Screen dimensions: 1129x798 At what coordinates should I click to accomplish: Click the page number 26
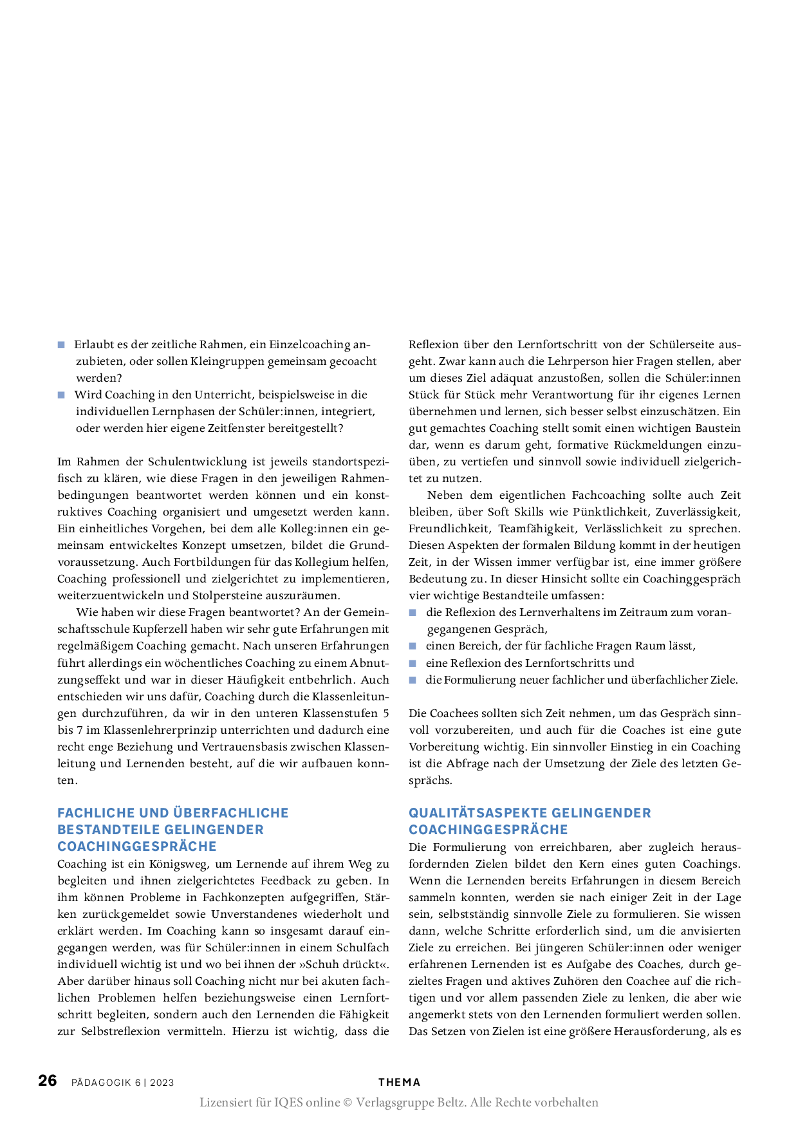pyautogui.click(x=48, y=1080)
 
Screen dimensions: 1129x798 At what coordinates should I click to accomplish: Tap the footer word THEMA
pyautogui.click(x=399, y=1082)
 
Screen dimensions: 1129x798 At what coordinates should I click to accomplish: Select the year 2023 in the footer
pyautogui.click(x=162, y=1083)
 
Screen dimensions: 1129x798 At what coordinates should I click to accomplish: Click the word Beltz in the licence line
pyautogui.click(x=449, y=1102)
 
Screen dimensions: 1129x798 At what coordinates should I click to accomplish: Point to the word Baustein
pyautogui.click(x=718, y=428)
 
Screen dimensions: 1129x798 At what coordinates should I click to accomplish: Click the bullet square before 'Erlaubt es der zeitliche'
pyautogui.click(x=61, y=345)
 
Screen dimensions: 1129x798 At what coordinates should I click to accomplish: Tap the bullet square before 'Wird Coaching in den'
pyautogui.click(x=61, y=395)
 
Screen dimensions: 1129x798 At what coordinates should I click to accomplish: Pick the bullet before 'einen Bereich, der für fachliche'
pyautogui.click(x=413, y=646)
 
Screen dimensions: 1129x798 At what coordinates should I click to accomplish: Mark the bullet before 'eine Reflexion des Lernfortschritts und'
pyautogui.click(x=413, y=663)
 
